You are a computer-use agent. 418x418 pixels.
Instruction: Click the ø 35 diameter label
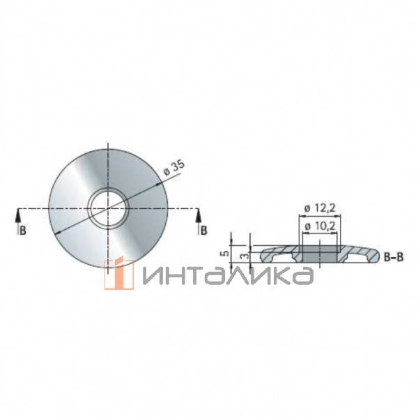[x=174, y=168]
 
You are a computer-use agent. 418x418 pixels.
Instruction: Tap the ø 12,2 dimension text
[x=320, y=208]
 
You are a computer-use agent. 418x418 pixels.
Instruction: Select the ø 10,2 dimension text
[x=320, y=226]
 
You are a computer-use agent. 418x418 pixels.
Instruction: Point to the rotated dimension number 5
[x=226, y=253]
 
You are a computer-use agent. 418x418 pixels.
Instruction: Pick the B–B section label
[x=394, y=257]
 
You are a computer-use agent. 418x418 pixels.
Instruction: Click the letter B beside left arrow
[x=23, y=231]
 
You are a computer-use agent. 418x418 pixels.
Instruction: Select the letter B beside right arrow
[x=203, y=231]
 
